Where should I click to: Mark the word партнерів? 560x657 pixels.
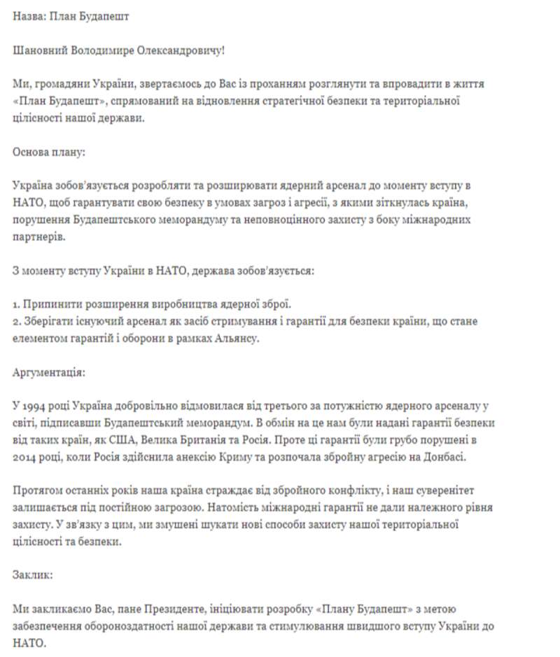tap(39, 236)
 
